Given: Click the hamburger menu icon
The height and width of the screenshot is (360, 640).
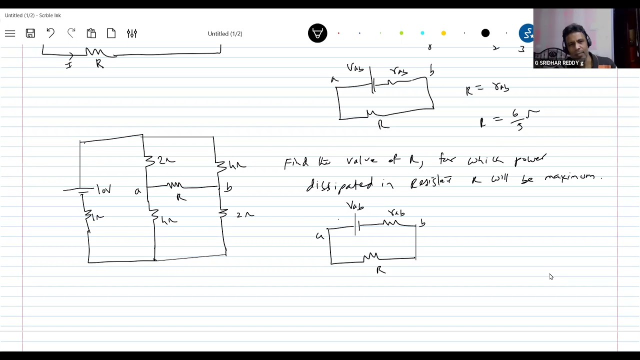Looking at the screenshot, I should point(10,33).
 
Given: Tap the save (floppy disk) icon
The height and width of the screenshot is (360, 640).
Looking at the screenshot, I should point(30,33).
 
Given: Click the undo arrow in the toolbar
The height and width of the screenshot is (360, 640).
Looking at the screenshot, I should point(50,33).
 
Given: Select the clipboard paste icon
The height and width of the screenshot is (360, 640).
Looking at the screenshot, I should point(91,33).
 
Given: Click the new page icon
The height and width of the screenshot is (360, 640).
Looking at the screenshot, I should point(111,33).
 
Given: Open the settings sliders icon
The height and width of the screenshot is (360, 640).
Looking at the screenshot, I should point(132,33).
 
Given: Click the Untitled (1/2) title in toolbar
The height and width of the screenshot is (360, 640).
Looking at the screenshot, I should point(225,33).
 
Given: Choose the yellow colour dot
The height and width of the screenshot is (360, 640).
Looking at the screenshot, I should point(443,33).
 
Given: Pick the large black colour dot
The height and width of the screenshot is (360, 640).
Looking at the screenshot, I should point(485,33).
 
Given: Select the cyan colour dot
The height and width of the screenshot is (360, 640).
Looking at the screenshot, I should point(422,33).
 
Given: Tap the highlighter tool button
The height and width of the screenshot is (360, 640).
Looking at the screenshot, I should point(317,33).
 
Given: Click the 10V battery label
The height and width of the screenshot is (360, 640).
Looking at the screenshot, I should point(103,190).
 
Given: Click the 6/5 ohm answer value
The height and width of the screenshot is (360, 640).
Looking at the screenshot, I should point(517,120).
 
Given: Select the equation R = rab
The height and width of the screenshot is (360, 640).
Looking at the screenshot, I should point(487,89).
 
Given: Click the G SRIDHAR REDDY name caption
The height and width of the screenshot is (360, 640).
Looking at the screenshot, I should point(559,63).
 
